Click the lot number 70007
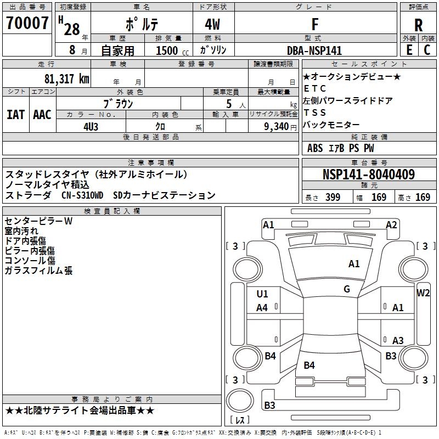(27, 24)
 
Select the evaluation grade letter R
(418, 25)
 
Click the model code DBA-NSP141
(314, 50)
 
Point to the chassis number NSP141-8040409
(368, 175)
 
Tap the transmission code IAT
(16, 114)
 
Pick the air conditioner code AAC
(42, 114)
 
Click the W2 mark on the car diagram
(424, 293)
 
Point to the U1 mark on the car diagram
(262, 294)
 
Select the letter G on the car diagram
(347, 289)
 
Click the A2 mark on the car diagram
(391, 224)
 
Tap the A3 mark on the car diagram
(398, 340)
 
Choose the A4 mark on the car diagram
(262, 308)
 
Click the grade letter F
(314, 25)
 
